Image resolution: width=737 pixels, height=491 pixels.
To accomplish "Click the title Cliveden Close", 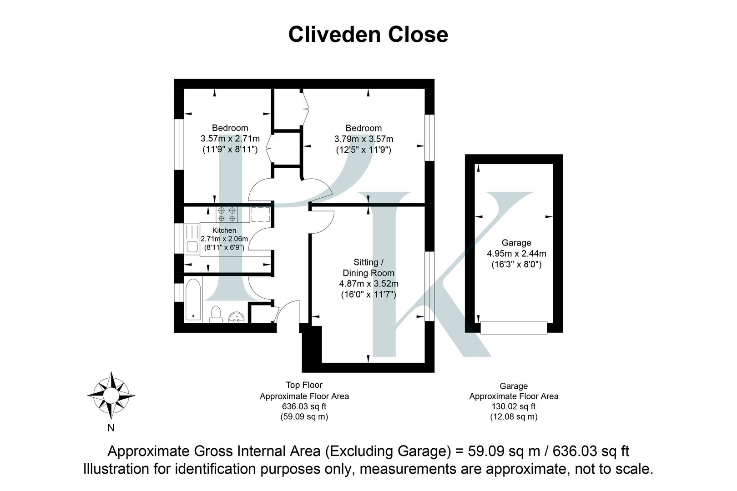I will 368,35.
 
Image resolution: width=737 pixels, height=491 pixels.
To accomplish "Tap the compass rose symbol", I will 111,395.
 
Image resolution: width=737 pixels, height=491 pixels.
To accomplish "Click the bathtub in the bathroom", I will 193,300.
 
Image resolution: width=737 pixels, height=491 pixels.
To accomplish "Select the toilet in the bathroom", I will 216,314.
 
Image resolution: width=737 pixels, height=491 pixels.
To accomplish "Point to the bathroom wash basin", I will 236,317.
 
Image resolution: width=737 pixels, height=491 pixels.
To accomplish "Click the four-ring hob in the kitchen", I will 227,214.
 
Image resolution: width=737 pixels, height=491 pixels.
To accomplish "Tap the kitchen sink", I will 192,246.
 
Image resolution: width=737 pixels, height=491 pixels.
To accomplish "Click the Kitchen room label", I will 224,230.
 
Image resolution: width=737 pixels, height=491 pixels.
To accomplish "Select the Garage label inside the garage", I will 516,243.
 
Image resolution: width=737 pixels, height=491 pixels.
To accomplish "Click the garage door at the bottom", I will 514,327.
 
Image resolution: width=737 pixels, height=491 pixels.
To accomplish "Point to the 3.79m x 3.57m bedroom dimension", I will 363,139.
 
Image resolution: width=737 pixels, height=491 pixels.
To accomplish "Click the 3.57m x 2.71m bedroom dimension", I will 230,139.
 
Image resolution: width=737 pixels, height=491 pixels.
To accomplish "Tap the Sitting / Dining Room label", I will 368,267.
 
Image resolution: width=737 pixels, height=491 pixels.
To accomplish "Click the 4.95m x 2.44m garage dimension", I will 516,254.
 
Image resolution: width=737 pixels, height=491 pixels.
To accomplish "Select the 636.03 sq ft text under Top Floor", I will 304,406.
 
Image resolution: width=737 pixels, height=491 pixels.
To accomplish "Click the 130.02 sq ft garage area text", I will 514,406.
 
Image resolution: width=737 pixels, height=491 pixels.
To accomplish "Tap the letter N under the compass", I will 111,428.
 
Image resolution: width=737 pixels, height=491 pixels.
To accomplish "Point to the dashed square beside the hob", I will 260,214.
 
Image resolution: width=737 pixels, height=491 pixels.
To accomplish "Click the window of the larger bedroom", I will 429,137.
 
